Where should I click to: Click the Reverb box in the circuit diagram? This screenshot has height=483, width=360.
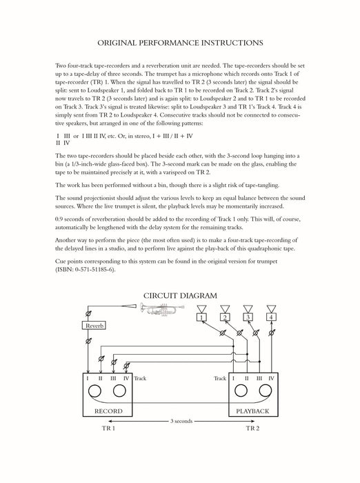click(94, 326)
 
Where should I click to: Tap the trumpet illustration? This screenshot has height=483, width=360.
click(162, 309)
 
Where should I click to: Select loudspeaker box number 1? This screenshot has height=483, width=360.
click(201, 317)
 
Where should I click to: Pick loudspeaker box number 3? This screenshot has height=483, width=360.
click(248, 317)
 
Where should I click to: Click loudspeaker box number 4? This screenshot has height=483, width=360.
click(271, 317)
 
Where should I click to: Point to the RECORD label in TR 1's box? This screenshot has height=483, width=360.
click(108, 411)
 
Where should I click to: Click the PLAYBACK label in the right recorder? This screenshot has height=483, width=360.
click(252, 411)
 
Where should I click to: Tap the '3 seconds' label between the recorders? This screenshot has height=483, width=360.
click(181, 421)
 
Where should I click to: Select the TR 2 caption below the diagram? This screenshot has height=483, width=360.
click(252, 428)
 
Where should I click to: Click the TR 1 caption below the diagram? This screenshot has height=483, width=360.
click(108, 428)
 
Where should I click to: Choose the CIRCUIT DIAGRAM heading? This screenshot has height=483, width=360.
click(180, 296)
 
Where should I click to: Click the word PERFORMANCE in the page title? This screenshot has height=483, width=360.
click(168, 43)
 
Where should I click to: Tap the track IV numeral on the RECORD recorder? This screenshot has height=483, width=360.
click(126, 378)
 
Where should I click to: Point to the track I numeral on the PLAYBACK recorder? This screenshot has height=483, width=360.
click(233, 378)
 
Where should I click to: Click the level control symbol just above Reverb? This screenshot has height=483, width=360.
click(88, 313)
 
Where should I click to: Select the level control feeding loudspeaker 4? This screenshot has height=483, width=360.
click(271, 333)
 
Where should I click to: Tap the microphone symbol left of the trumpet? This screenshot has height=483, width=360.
click(129, 306)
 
